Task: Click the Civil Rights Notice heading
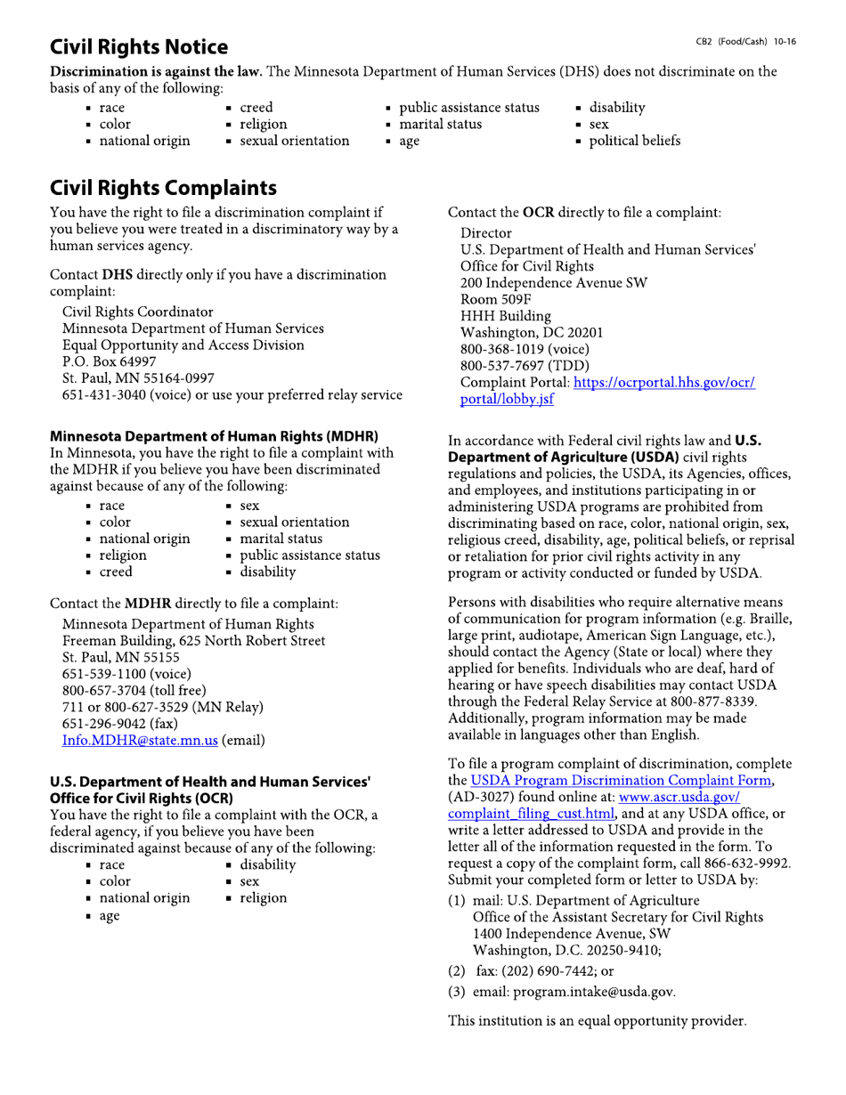point(139,47)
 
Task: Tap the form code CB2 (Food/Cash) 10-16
point(746,42)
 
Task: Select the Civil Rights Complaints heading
point(163,189)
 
